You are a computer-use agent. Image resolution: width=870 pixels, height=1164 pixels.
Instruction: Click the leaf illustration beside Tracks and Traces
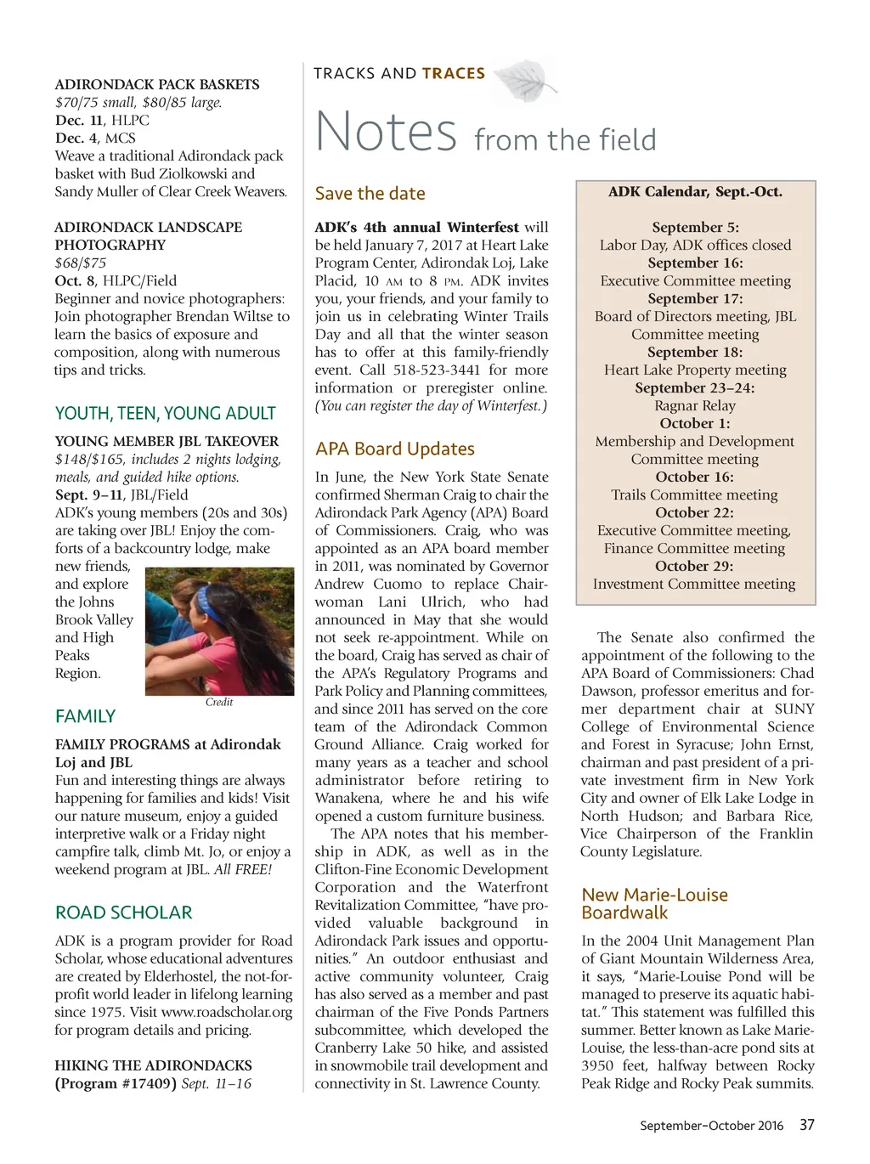click(x=524, y=81)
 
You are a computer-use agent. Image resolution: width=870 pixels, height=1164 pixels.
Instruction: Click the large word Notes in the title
click(x=387, y=132)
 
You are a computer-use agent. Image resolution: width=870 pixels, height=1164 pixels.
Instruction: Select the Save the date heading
click(x=370, y=194)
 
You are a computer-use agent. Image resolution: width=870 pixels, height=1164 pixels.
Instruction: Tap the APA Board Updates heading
click(x=395, y=449)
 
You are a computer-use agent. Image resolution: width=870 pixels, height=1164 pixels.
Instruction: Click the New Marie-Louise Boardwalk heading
click(x=654, y=903)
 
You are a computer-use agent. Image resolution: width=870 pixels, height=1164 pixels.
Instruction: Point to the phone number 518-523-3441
click(x=436, y=370)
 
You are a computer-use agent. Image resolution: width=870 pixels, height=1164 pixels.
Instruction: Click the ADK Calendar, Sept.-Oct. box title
click(x=695, y=192)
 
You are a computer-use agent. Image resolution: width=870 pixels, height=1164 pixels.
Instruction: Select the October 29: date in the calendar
click(x=694, y=566)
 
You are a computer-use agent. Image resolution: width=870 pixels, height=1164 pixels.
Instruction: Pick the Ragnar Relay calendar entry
click(x=694, y=405)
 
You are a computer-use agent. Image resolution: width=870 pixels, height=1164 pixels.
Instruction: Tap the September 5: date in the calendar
click(x=695, y=227)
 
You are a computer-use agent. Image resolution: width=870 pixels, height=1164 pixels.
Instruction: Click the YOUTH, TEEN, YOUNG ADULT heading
click(x=166, y=414)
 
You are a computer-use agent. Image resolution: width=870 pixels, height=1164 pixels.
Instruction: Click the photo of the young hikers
click(x=219, y=630)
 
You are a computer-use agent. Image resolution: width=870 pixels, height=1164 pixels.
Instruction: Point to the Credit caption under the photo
click(x=219, y=702)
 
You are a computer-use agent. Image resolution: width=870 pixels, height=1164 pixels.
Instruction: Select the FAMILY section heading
click(x=85, y=716)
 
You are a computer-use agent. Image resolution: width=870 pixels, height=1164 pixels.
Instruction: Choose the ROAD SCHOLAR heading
click(x=124, y=913)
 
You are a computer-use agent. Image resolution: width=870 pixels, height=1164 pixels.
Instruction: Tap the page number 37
click(x=806, y=1125)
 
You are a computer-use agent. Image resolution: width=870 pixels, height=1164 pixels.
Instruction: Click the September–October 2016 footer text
click(x=711, y=1126)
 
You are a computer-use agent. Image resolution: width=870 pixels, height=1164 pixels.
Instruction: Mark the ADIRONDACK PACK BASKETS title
click(x=157, y=84)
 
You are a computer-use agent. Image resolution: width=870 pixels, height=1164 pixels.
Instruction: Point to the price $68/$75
click(x=81, y=263)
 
